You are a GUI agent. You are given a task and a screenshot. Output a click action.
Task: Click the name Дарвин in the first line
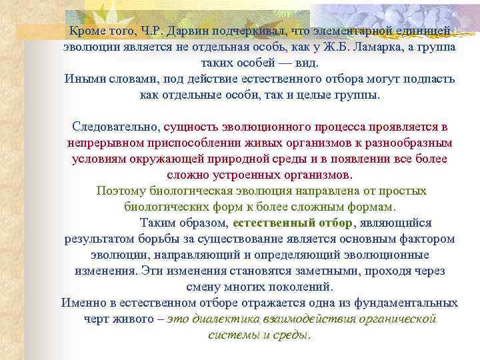pyautogui.click(x=182, y=31)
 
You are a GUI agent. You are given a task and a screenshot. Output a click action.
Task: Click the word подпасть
pyautogui.click(x=431, y=79)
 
